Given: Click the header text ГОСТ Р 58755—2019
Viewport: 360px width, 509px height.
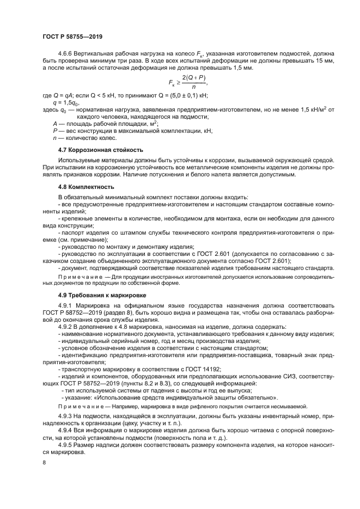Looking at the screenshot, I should point(72,36).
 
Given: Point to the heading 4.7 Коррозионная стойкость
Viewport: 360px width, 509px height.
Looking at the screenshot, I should point(100,149).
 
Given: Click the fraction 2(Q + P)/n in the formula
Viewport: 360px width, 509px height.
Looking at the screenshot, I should point(194,86).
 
